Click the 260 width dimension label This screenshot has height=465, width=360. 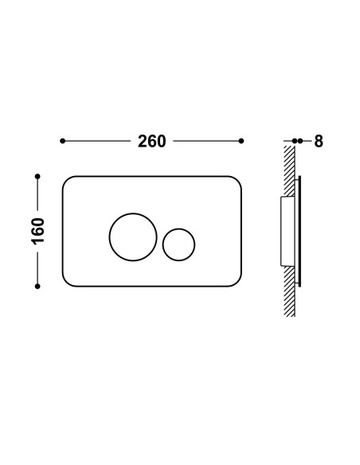coord(151,141)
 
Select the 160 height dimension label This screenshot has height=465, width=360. coord(37,232)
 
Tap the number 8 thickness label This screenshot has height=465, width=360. coord(319,141)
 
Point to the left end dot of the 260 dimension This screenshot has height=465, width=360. coord(62,141)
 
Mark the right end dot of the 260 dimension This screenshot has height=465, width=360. coord(241,141)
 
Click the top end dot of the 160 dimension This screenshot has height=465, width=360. coord(37,177)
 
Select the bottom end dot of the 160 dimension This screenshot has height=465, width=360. coord(37,286)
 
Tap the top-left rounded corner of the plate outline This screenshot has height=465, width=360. coord(67,181)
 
